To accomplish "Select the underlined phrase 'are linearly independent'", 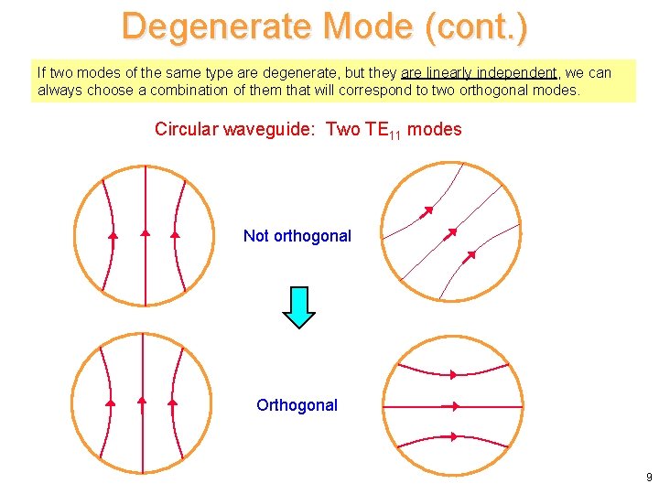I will (479, 72).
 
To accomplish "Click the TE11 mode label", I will (383, 130).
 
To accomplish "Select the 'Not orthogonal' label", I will (297, 236).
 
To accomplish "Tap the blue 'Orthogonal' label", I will (297, 405).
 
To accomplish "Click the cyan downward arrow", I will (298, 307).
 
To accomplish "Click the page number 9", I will (648, 477).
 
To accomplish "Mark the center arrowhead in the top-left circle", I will (145, 233).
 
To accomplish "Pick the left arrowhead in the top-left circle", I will (113, 236).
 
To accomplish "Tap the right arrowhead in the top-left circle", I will (175, 234).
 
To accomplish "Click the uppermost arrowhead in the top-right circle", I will (427, 212).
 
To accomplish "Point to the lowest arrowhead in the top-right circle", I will (470, 255).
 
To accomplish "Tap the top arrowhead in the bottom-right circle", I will (453, 374).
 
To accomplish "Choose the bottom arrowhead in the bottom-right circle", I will (452, 437).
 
